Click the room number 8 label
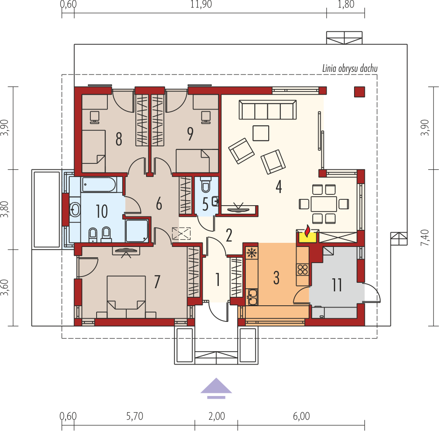click(x=119, y=139)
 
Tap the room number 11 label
click(x=337, y=285)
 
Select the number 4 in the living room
click(x=279, y=187)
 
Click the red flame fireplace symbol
click(x=307, y=231)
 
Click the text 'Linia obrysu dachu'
click(x=350, y=69)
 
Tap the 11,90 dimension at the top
click(x=201, y=4)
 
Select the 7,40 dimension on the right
click(x=425, y=237)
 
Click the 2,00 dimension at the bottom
click(x=217, y=416)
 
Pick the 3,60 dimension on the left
click(x=5, y=287)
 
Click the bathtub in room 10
click(x=99, y=185)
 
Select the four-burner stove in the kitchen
click(x=303, y=270)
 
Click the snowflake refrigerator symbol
click(x=252, y=253)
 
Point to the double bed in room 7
click(x=126, y=297)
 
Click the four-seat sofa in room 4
click(x=268, y=110)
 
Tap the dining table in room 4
click(x=324, y=204)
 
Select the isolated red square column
click(x=359, y=92)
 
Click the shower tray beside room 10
click(x=137, y=231)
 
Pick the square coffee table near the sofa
click(x=261, y=133)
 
